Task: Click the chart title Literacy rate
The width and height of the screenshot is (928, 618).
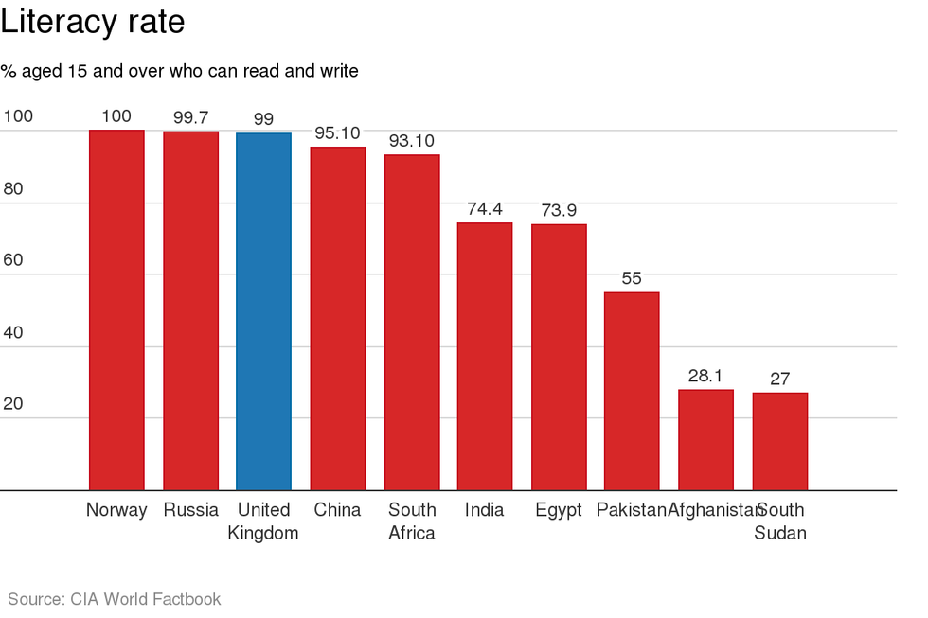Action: point(92,22)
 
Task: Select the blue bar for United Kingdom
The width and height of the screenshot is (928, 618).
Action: point(263,311)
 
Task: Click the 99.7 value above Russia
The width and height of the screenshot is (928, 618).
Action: point(190,117)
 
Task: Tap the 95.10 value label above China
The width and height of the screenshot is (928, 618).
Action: point(337,133)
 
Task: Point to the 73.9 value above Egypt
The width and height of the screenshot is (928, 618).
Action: point(559,210)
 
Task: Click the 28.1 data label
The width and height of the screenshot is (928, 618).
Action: point(705,376)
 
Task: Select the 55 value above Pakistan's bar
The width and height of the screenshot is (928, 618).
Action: point(632,278)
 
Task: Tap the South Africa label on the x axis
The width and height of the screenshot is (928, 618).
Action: point(412,521)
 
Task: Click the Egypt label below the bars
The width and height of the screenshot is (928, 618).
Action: point(559,510)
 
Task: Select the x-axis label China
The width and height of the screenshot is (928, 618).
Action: point(337,510)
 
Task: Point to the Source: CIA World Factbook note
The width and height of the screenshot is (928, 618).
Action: point(115,599)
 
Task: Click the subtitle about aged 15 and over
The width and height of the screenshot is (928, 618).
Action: point(179,71)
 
